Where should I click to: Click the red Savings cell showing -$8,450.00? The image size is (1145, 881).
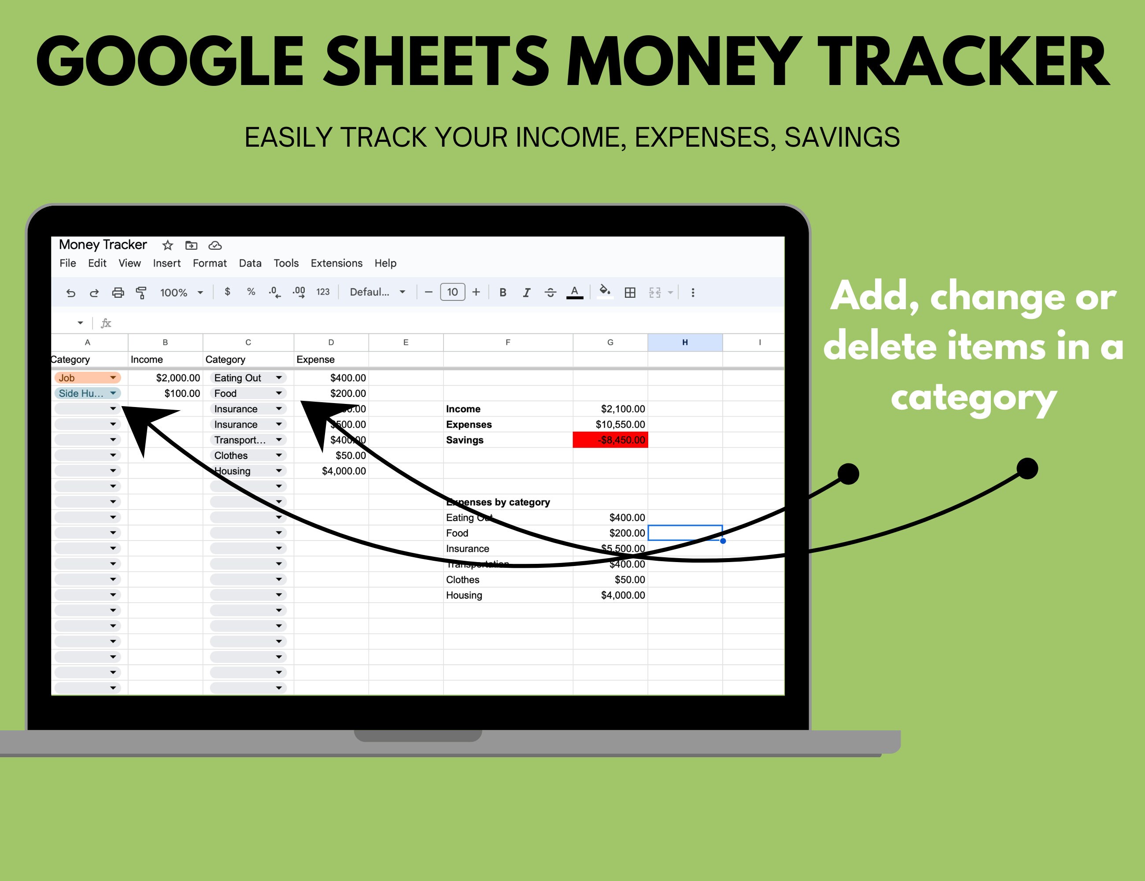tap(610, 440)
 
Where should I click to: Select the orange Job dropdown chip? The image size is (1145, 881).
tap(87, 378)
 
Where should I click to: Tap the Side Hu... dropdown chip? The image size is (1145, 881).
tap(87, 393)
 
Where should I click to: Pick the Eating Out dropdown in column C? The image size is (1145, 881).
tap(247, 378)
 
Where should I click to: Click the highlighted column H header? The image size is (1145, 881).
tap(685, 342)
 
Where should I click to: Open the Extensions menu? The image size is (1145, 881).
tap(336, 263)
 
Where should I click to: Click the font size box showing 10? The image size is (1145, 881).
tap(452, 292)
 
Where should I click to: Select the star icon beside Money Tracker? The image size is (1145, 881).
tap(168, 245)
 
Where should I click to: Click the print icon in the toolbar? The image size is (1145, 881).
tap(118, 292)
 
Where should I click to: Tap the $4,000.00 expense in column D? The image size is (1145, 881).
tap(343, 471)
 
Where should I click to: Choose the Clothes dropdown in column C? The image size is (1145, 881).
tap(247, 455)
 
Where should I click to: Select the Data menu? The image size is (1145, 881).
tap(250, 263)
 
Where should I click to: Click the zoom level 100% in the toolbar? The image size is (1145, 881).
tap(174, 292)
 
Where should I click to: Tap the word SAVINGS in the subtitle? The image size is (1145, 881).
tap(842, 137)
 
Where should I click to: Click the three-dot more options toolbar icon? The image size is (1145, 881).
tap(693, 292)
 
